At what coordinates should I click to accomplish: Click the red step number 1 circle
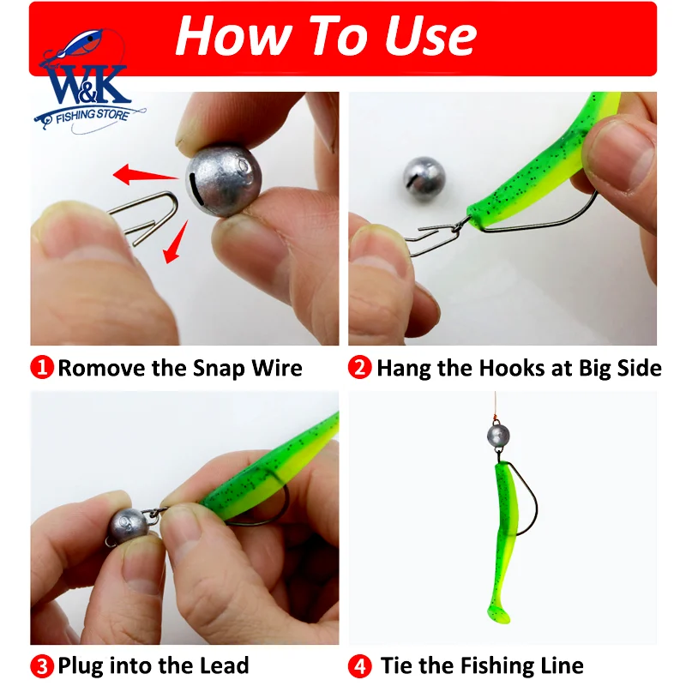(42, 369)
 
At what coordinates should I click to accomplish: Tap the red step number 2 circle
(361, 369)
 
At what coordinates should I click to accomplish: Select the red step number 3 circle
(42, 665)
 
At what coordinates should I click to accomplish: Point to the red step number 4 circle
(361, 665)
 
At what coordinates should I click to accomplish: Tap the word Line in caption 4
(559, 665)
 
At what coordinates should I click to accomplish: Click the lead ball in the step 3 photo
(128, 527)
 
